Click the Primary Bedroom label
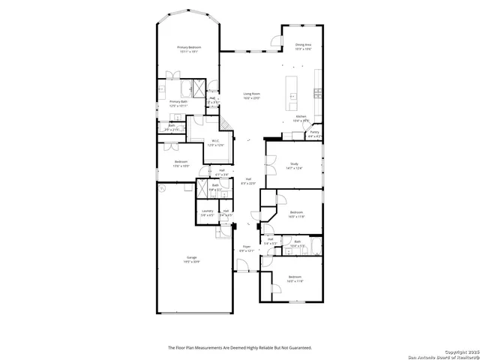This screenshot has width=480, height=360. coord(187,48)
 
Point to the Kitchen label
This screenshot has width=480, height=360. coord(301,116)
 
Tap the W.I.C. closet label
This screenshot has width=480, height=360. coord(214,140)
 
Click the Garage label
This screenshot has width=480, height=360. coord(192,257)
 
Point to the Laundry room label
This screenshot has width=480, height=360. coord(207,211)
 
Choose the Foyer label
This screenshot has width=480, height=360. coord(246,246)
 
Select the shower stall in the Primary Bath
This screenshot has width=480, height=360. coord(199,85)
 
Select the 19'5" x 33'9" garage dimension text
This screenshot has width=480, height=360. coord(192,262)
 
